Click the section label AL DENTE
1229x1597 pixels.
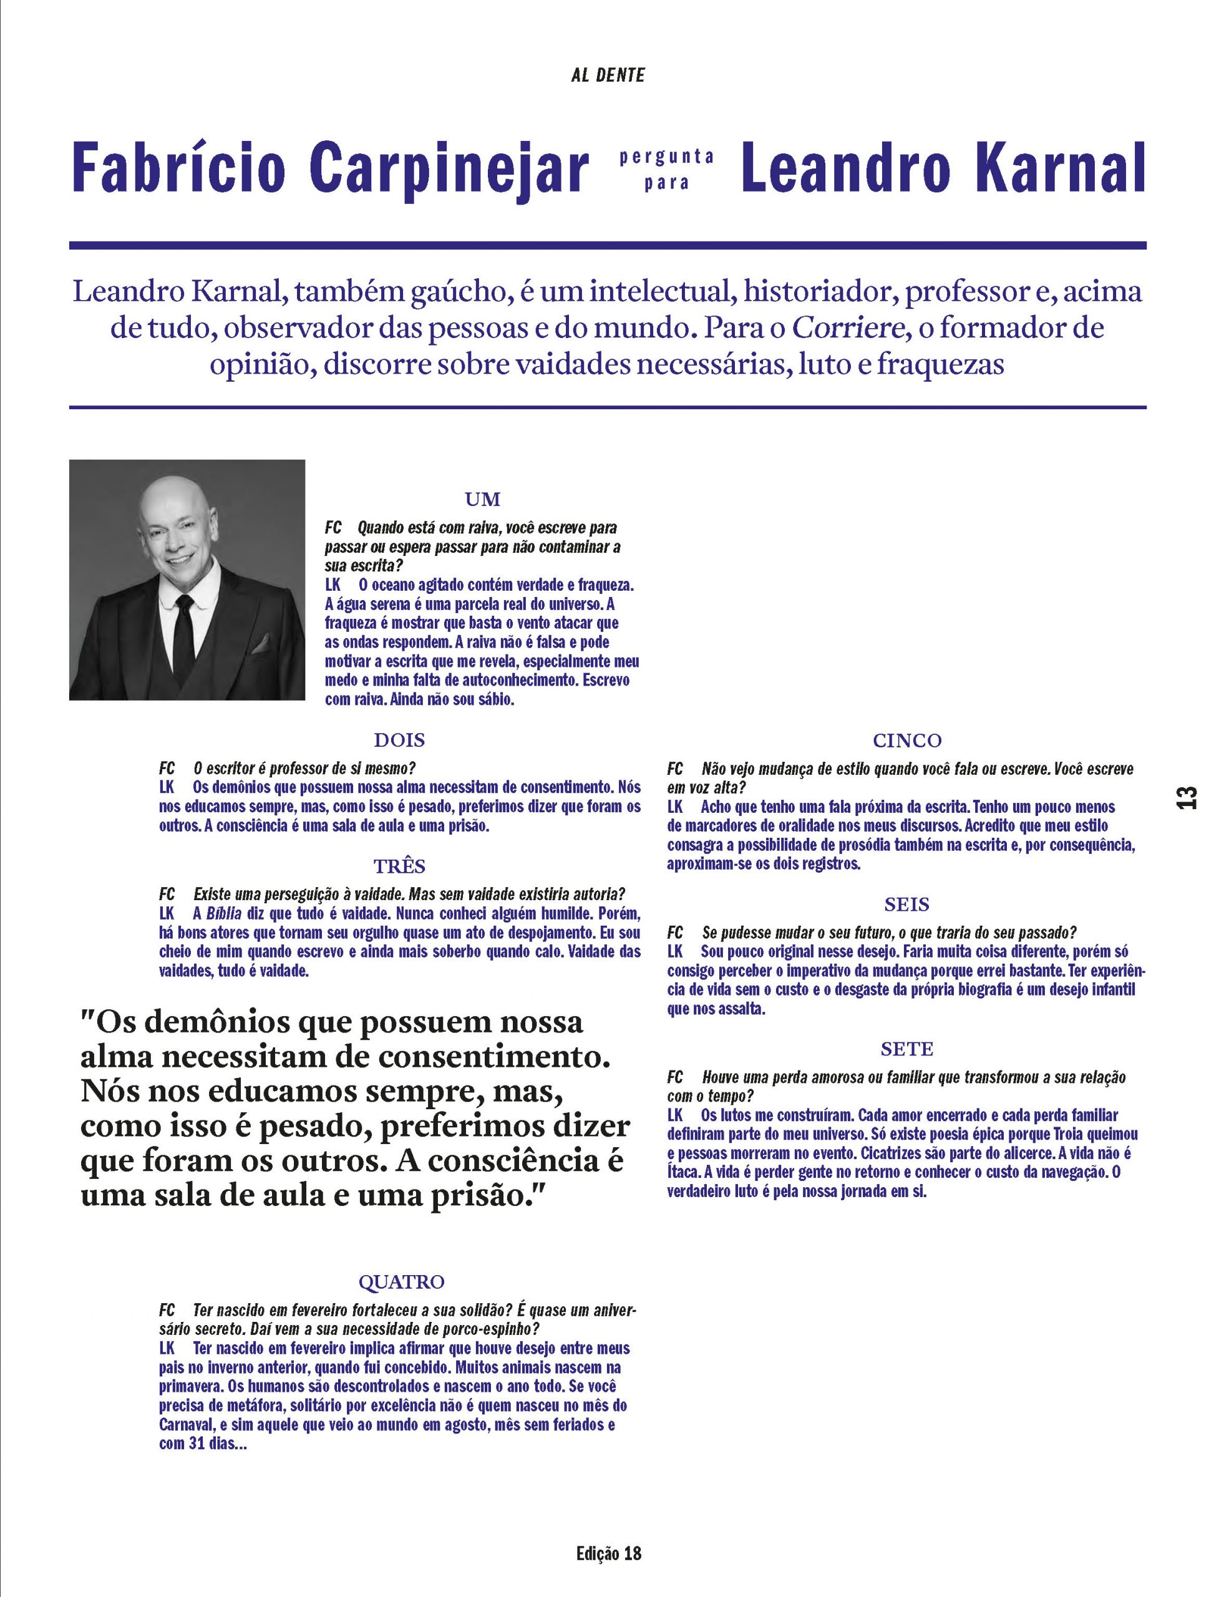(x=608, y=75)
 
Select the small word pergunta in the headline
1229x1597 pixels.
(x=666, y=157)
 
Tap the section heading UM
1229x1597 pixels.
(x=482, y=500)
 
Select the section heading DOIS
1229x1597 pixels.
(x=399, y=740)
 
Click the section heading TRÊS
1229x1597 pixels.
(x=399, y=866)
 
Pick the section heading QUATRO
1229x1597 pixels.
(x=401, y=1282)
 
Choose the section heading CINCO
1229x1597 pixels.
(x=906, y=740)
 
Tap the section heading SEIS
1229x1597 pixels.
(x=906, y=905)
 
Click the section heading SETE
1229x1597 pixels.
(x=906, y=1049)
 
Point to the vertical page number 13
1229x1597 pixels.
(x=1187, y=797)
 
